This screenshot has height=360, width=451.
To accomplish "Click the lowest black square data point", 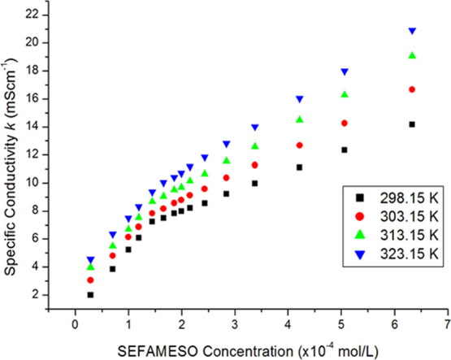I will click(x=90, y=295).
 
